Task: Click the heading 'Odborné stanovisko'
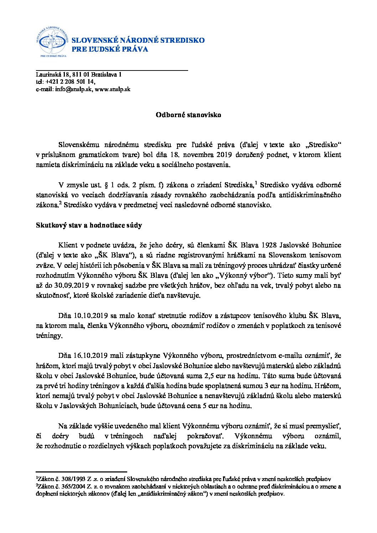coord(188,115)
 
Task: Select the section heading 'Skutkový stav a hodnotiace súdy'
coord(89,225)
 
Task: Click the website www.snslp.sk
coord(113,89)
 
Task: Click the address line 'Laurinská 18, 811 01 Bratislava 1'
coord(78,75)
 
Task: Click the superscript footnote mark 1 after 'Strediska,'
coord(256,183)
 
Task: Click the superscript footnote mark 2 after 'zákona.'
coord(61,203)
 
